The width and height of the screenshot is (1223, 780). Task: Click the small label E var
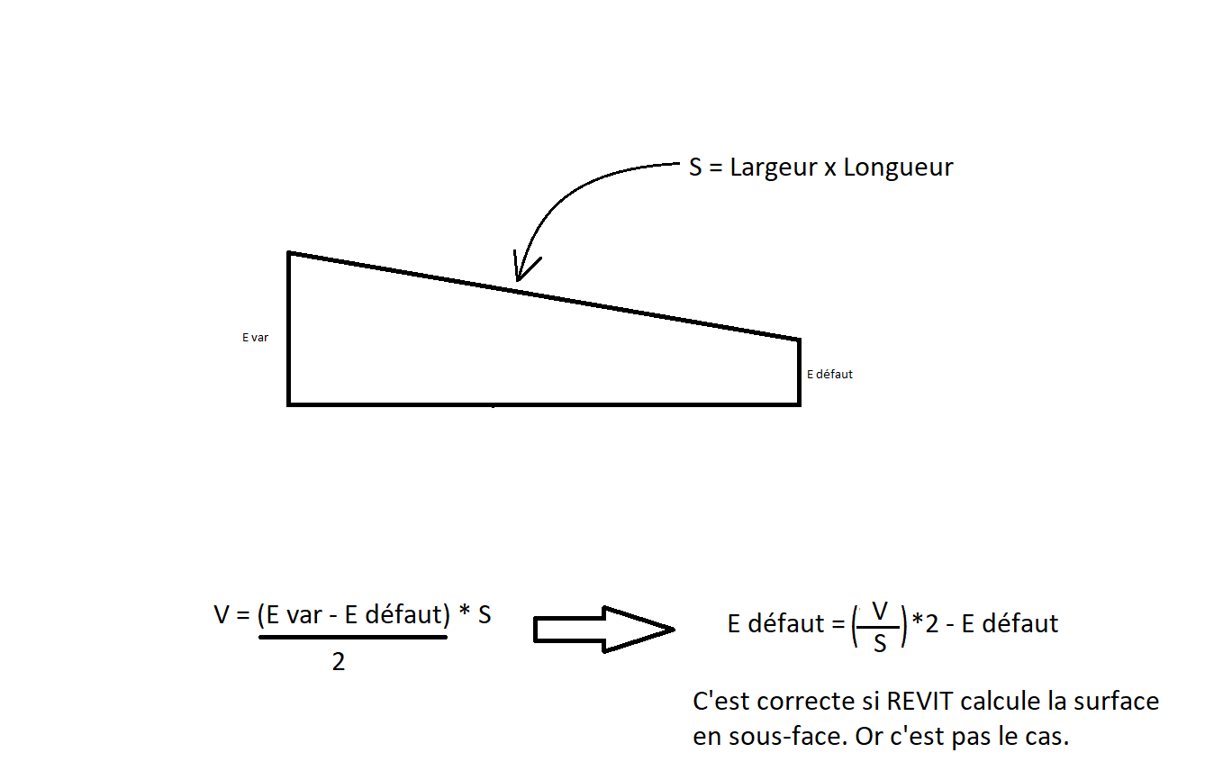[255, 339]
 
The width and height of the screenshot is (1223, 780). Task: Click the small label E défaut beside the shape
[829, 374]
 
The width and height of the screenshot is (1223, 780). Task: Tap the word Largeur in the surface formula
[774, 168]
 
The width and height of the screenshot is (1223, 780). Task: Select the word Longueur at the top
[898, 168]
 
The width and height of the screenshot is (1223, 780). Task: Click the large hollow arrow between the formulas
[604, 629]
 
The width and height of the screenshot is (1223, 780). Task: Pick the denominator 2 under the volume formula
[339, 663]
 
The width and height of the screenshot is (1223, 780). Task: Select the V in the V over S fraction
[880, 612]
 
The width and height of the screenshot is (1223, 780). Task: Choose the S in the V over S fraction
[880, 643]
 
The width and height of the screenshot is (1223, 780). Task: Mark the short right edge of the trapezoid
[799, 371]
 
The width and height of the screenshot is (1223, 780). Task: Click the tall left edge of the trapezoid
[288, 329]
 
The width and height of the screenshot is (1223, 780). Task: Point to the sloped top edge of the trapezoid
[630, 310]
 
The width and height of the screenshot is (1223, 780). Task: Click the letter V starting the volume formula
[222, 615]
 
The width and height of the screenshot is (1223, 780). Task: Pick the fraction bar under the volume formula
[353, 638]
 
